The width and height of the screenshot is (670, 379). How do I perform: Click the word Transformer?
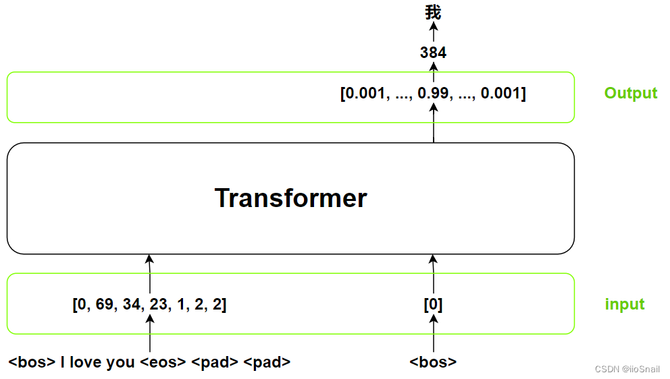coord(290,198)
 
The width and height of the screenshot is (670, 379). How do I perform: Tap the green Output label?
coord(631,93)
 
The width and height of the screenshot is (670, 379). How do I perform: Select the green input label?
coord(625,304)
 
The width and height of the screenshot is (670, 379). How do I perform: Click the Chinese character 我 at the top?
coord(433,12)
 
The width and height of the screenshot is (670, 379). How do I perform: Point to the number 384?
coord(433,53)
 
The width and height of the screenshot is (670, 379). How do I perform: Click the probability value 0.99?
coord(432,93)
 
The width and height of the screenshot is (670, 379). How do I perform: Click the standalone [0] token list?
coord(433,305)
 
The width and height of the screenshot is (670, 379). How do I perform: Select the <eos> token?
coord(163,362)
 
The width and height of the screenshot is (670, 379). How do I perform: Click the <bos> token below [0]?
coord(433,362)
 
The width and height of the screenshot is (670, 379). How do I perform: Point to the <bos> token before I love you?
coord(32,362)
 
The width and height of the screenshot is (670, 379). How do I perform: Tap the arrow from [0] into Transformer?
coord(433,274)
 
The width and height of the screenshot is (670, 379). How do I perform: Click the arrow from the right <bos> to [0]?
coord(433,334)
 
